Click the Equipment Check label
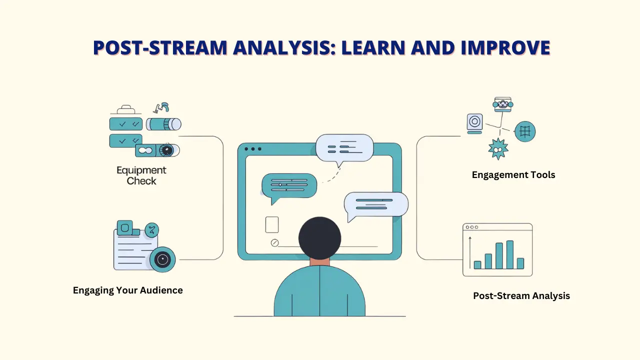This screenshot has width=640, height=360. tap(141, 175)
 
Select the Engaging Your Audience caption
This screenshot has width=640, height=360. tap(127, 290)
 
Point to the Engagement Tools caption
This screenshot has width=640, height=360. tap(513, 175)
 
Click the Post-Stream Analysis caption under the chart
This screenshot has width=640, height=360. tap(521, 295)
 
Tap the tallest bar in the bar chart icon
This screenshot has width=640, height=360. tap(509, 254)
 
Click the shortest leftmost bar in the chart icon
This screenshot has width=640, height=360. tap(477, 264)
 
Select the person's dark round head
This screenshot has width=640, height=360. tap(319, 238)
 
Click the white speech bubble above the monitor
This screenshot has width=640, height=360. tap(344, 148)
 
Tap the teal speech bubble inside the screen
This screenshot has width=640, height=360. tap(289, 186)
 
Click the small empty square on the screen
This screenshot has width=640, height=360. tap(272, 224)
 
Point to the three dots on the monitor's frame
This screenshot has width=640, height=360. tap(253, 149)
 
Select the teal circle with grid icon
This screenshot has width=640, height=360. tap(525, 131)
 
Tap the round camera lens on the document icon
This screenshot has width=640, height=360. tap(162, 259)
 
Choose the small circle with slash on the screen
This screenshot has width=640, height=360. tap(274, 243)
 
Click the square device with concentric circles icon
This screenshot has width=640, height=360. tap(474, 122)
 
